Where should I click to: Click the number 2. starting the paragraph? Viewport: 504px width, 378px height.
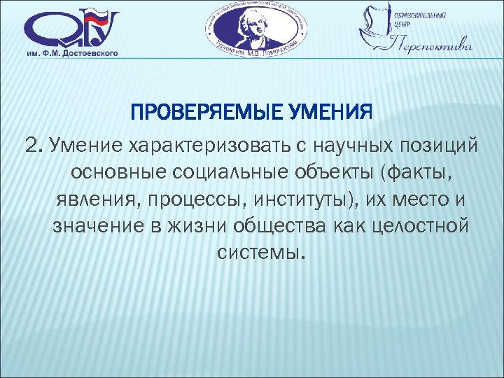pyautogui.click(x=33, y=145)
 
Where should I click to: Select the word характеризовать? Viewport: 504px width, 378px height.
pyautogui.click(x=184, y=145)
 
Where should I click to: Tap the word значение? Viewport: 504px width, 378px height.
pyautogui.click(x=86, y=227)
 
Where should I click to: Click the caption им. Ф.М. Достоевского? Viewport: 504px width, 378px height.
pyautogui.click(x=73, y=53)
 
